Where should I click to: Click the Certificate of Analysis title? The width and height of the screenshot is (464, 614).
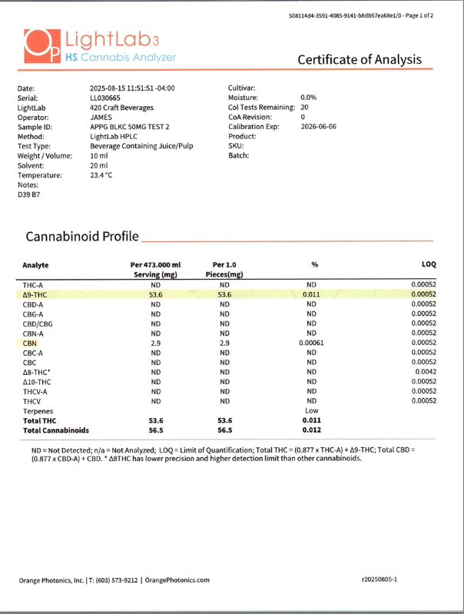click(x=360, y=59)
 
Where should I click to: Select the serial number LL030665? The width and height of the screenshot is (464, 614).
click(x=106, y=100)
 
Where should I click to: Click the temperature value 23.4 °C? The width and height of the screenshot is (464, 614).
click(x=101, y=175)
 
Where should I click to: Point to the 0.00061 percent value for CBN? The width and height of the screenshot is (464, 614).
click(x=312, y=343)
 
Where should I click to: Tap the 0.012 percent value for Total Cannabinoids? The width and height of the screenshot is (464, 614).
click(x=311, y=431)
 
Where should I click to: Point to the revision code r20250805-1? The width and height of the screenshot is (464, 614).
click(x=379, y=580)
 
